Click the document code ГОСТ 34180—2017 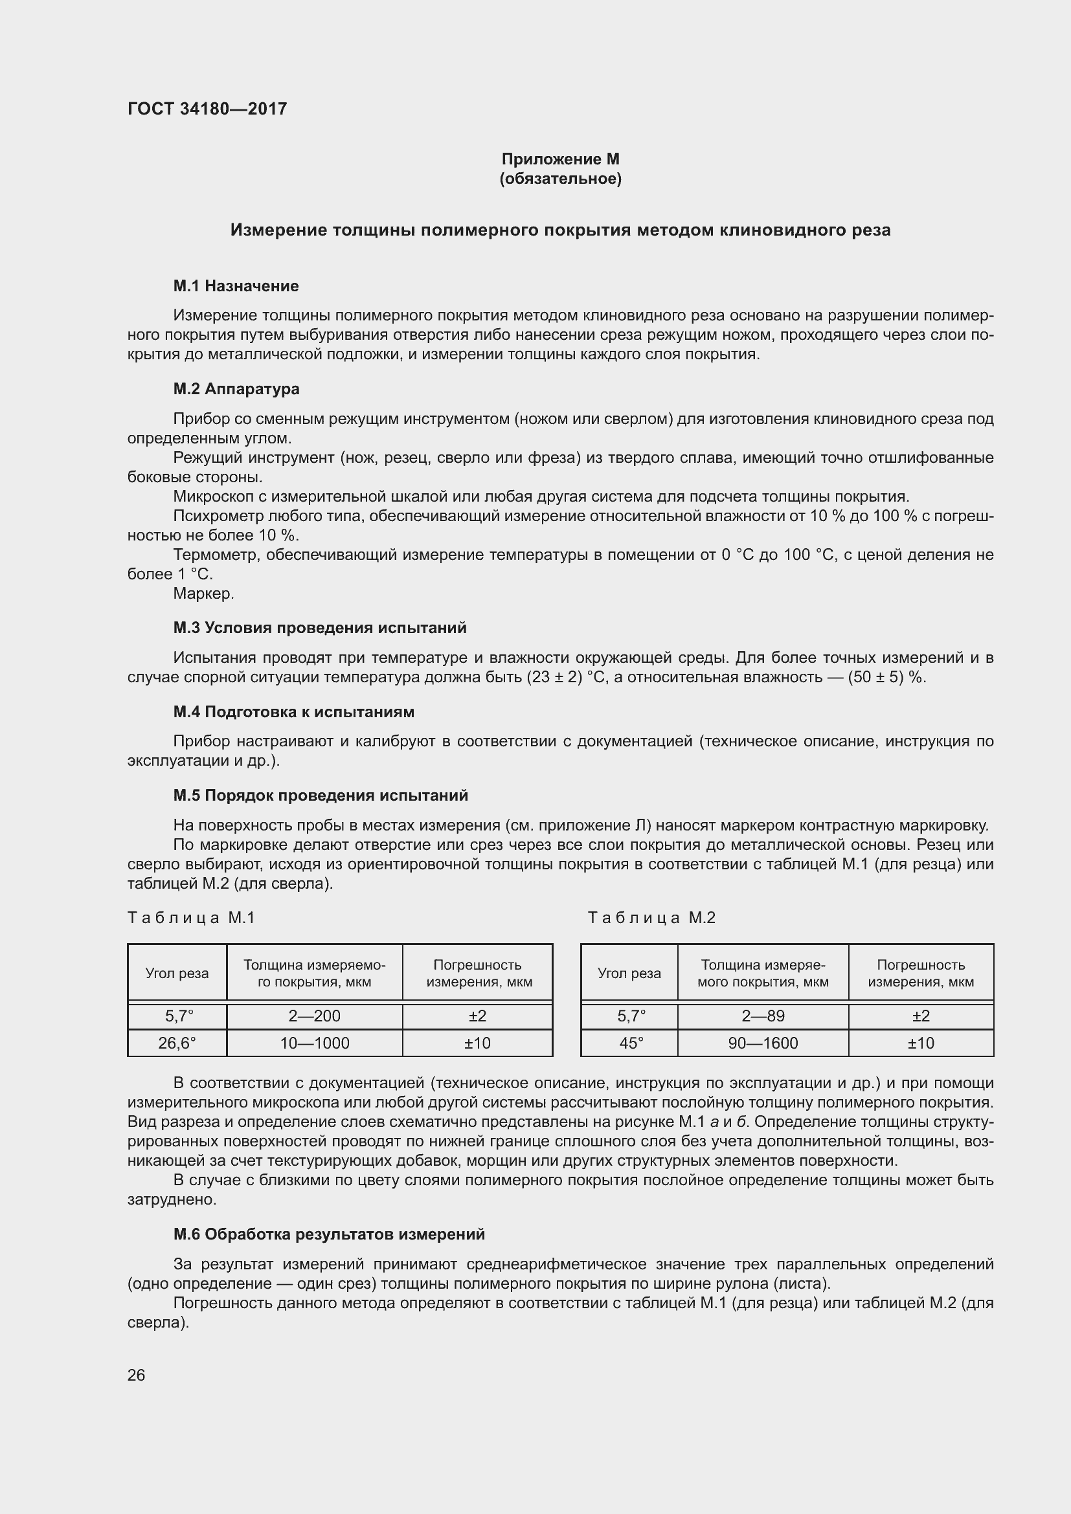207,109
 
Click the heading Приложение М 561,159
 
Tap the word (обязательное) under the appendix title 561,179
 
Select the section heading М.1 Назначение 236,285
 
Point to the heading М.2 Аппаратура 236,388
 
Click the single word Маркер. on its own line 204,594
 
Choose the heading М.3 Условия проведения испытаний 320,627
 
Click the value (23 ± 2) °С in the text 568,677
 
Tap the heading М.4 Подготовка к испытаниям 293,711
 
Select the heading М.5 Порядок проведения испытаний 321,796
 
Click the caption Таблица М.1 191,918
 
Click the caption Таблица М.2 651,918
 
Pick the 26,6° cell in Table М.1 177,1043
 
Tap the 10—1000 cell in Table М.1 315,1043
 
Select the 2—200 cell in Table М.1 315,1016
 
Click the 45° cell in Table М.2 629,1043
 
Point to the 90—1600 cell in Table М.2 763,1043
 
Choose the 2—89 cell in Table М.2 763,1016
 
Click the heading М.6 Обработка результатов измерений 329,1234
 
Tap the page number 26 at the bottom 137,1375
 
